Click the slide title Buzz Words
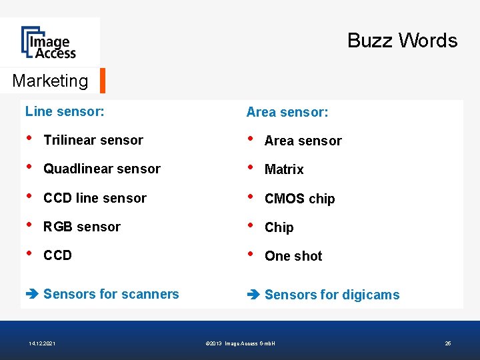point(402,41)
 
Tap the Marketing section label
point(50,81)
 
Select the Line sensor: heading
point(65,111)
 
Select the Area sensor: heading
point(287,112)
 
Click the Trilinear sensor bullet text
point(93,140)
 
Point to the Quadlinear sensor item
point(102,169)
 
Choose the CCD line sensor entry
point(95,198)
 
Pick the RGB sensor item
point(82,227)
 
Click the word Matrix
point(284,169)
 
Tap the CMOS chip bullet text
point(300,199)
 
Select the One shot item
point(293,256)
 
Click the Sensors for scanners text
point(111,294)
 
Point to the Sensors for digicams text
point(332,295)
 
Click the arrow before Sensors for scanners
point(31,295)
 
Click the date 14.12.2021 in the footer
point(42,343)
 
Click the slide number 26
point(448,343)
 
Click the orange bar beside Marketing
point(103,81)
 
